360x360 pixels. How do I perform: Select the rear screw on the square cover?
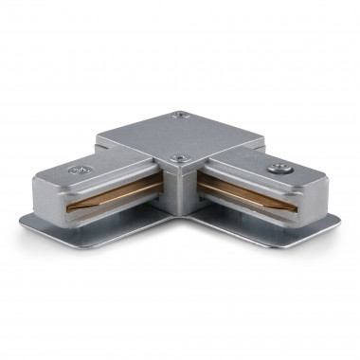coord(181,117)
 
